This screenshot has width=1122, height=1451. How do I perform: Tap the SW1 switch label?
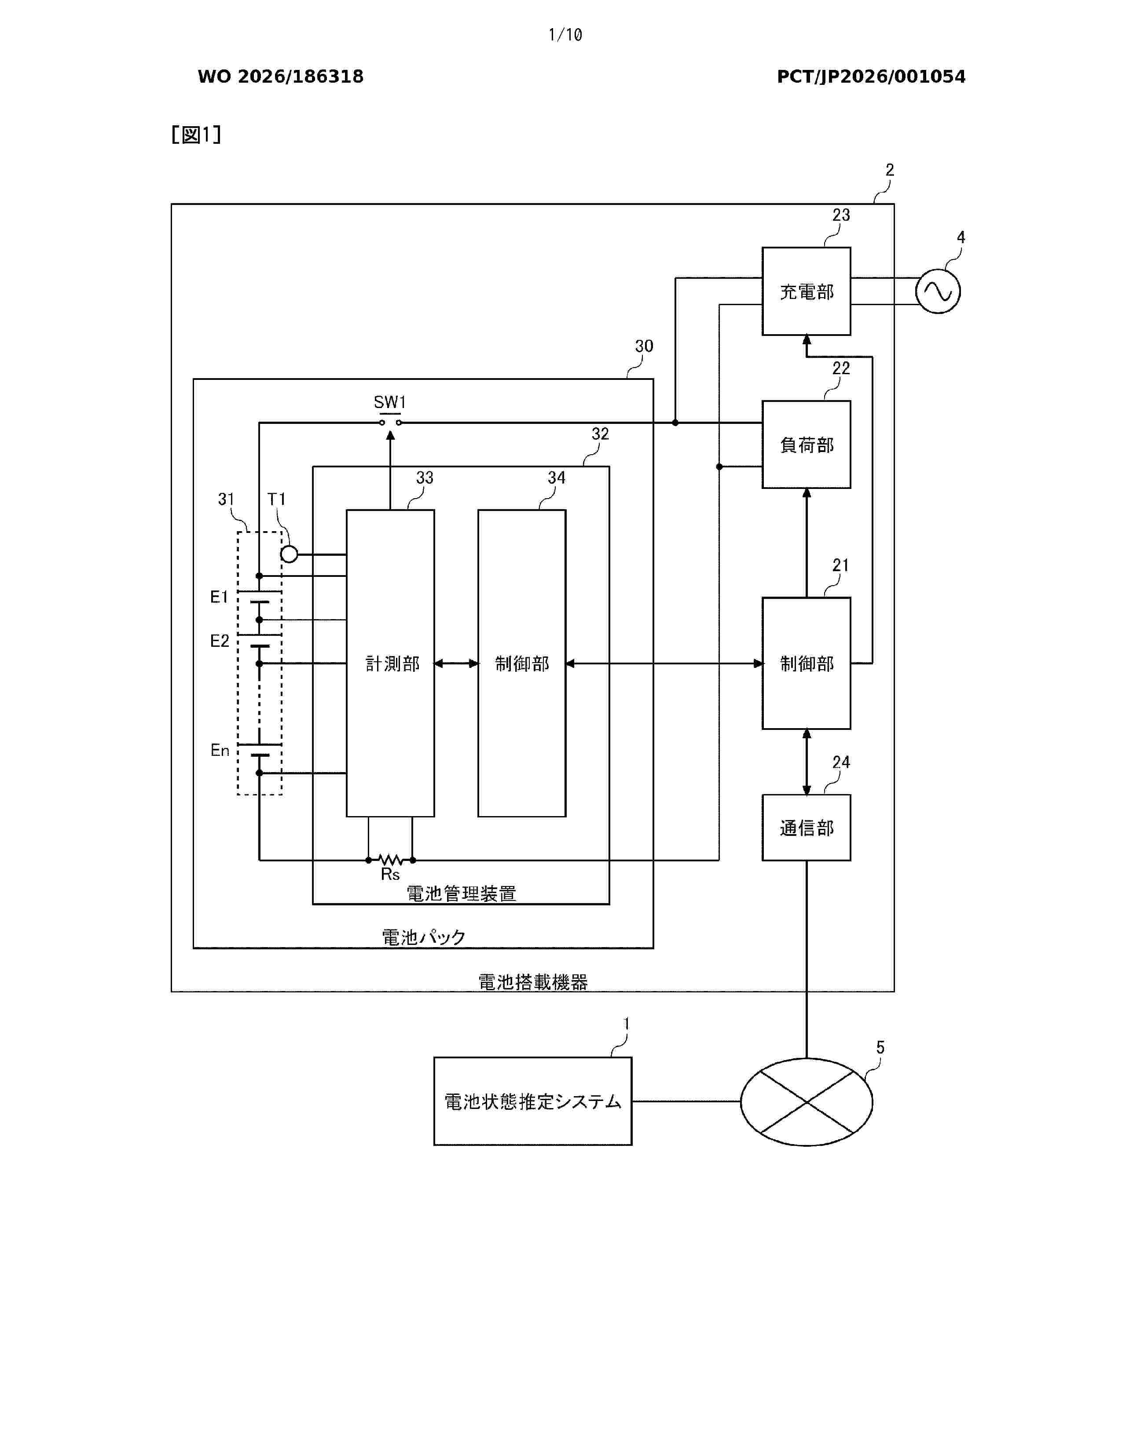tap(389, 402)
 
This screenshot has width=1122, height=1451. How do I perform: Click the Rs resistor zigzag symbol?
tap(390, 860)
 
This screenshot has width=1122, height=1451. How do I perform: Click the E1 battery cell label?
tap(220, 597)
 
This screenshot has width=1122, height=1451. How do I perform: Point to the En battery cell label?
tap(220, 750)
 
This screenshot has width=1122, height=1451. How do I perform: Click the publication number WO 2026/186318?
tap(281, 77)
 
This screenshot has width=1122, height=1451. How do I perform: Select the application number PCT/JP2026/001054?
tap(871, 77)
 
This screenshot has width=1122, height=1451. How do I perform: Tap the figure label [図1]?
tap(196, 135)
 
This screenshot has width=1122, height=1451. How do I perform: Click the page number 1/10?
tap(565, 35)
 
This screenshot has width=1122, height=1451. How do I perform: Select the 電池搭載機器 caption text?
tap(533, 982)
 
